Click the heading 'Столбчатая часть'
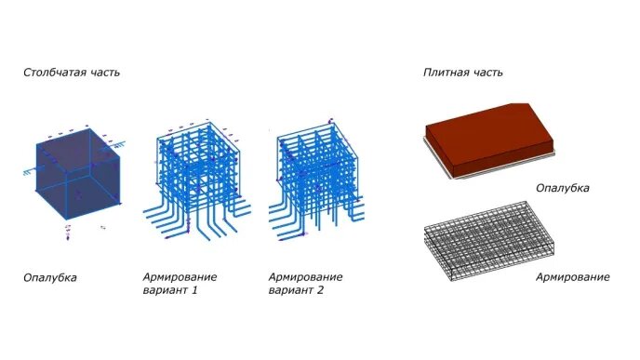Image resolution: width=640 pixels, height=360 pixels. point(72,72)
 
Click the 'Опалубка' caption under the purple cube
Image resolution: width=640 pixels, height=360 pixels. point(50,277)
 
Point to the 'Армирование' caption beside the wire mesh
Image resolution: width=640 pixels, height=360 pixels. point(573,277)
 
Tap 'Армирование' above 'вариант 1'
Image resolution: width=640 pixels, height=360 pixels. point(180,277)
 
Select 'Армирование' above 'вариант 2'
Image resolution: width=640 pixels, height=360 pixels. point(305,277)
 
